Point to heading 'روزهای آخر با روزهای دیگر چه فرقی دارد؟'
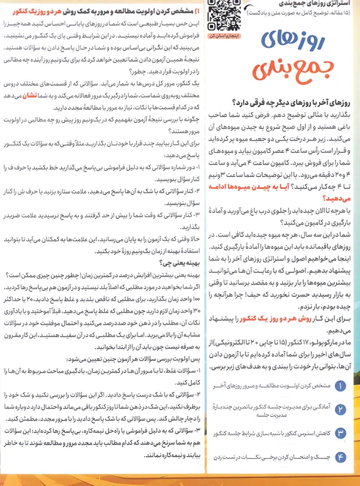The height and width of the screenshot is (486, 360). click(292, 103)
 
